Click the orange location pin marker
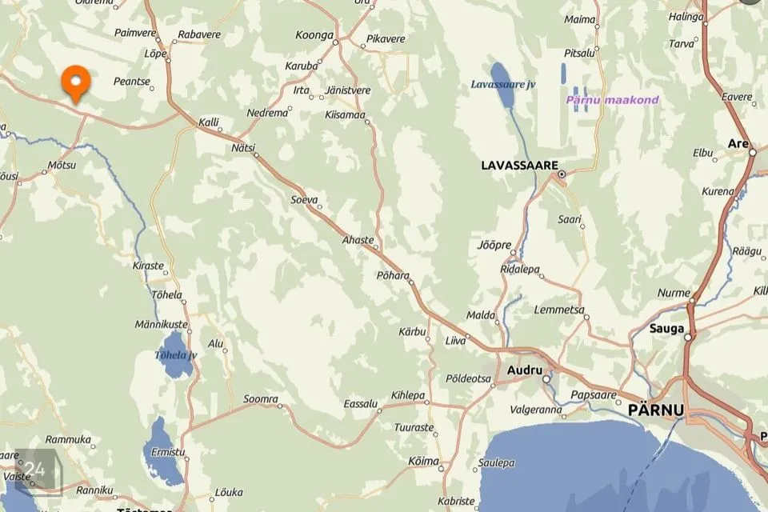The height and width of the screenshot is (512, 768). pos(76,83)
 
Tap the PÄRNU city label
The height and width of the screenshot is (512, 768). pos(657,410)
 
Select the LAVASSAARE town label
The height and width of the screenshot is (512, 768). pos(518,166)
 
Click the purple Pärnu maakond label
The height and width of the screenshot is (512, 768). pos(612,100)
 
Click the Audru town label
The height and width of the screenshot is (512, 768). pos(525,370)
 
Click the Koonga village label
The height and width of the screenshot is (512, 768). pos(314,35)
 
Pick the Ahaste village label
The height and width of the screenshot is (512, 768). pos(358,240)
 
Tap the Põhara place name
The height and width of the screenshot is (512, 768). pos(392,274)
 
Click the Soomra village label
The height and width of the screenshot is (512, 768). pos(260,398)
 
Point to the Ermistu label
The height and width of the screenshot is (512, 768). pos(168,452)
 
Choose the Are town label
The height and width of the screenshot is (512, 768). pos(736,143)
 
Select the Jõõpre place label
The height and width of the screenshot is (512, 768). pos(494,245)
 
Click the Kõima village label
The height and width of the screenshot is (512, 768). pos(423,461)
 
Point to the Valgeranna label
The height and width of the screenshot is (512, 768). pos(535,410)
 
